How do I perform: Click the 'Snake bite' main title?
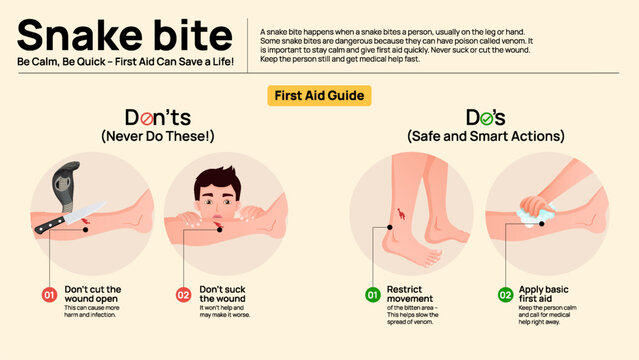click(125, 35)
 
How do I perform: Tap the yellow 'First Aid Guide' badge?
click(319, 96)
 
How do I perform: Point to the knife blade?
click(75, 218)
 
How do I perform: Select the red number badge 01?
click(48, 295)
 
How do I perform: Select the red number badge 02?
click(182, 295)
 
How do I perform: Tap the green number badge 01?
click(372, 295)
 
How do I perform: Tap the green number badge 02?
click(505, 295)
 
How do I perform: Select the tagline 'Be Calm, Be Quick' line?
click(125, 63)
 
